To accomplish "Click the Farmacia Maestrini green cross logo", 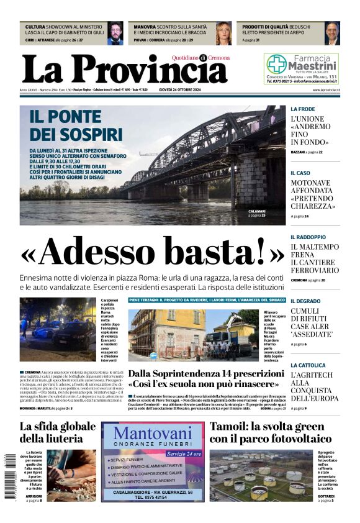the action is [x=276, y=63].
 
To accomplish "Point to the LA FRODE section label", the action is [x=303, y=109].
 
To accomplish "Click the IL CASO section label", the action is [x=300, y=173].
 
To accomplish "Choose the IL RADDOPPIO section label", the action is [x=308, y=237].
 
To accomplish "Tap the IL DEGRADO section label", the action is [x=305, y=301].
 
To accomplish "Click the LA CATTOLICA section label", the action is [x=308, y=365].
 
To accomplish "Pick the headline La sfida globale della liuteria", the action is [x=58, y=432].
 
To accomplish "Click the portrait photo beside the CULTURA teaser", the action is [x=115, y=34].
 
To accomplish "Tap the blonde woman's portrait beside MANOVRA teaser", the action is [x=223, y=34].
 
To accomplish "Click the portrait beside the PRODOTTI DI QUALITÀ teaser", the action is [x=332, y=34].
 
